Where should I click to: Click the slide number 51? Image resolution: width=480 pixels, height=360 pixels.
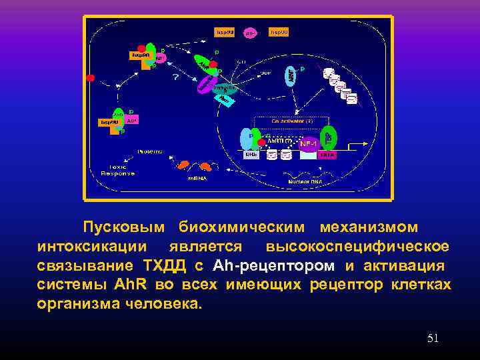[433, 339]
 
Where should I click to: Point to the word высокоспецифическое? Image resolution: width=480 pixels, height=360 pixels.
[357, 247]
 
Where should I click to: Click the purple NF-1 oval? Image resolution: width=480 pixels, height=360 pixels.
[309, 143]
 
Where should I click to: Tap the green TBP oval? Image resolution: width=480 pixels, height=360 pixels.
[328, 137]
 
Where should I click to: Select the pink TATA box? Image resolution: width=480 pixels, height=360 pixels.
[327, 155]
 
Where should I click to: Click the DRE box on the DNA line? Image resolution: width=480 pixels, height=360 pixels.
[251, 155]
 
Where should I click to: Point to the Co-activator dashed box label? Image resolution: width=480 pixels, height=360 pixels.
[292, 121]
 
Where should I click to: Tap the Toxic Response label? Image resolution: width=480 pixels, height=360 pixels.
[117, 169]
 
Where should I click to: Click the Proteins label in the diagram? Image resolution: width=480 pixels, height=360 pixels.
[150, 151]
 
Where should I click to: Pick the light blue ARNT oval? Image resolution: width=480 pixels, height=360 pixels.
[291, 77]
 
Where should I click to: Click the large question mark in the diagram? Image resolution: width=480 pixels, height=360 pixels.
[176, 77]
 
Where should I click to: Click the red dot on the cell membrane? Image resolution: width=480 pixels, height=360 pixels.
[91, 78]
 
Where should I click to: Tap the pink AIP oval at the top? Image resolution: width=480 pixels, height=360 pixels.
[251, 32]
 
